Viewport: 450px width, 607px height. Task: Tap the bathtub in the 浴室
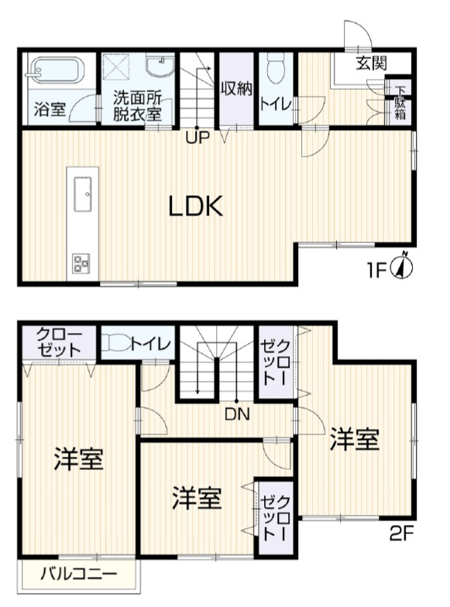click(x=53, y=72)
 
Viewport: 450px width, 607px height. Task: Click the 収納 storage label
click(x=235, y=87)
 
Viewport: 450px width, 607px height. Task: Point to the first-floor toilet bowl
click(x=274, y=71)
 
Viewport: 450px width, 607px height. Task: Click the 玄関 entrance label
click(x=372, y=64)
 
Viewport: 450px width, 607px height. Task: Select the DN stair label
click(x=238, y=413)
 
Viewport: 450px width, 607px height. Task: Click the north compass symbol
click(x=404, y=267)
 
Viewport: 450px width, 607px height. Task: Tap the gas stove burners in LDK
click(x=81, y=263)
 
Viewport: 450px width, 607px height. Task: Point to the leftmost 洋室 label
click(x=79, y=459)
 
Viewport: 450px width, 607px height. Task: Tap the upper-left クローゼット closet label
click(x=59, y=342)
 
